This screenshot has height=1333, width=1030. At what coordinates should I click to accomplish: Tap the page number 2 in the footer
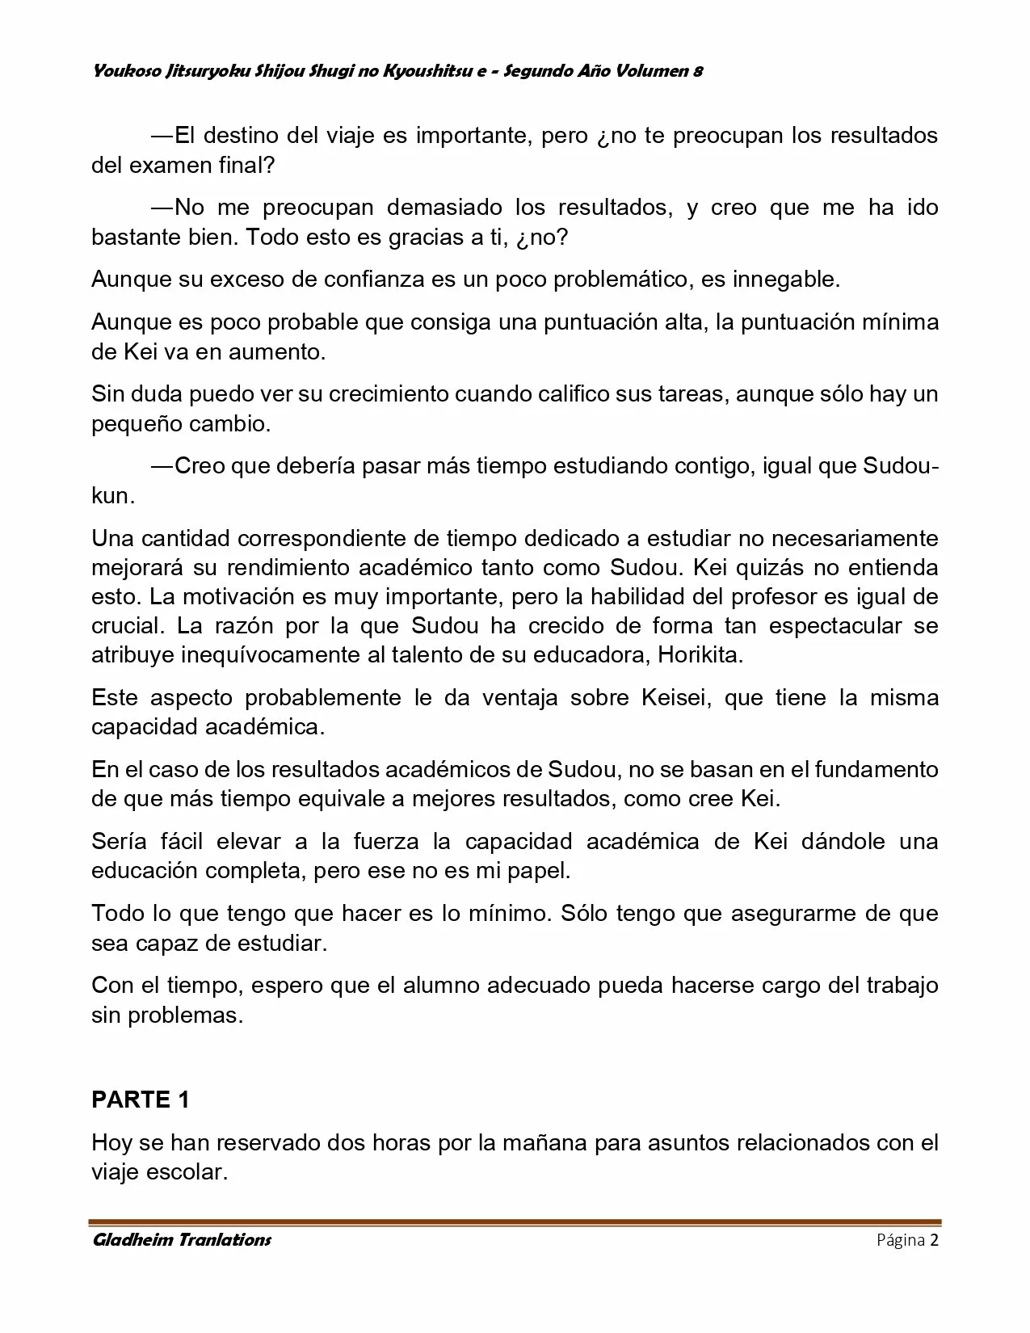[x=934, y=1240]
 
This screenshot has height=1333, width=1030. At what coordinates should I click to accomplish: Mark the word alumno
[x=441, y=986]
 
